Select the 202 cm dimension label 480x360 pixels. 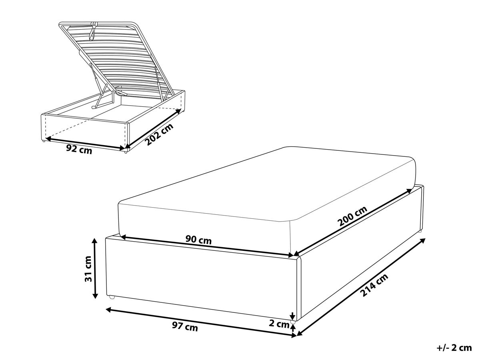point(160,134)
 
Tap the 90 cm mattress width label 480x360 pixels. point(198,240)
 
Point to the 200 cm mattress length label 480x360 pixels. point(352,216)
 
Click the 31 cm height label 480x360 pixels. point(89,269)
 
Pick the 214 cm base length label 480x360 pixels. point(374,285)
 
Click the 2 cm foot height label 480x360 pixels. point(279,324)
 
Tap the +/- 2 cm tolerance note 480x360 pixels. point(454,348)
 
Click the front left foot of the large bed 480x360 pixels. point(112,297)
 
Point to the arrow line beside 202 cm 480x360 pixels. point(154,128)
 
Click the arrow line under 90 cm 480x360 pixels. point(207,246)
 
